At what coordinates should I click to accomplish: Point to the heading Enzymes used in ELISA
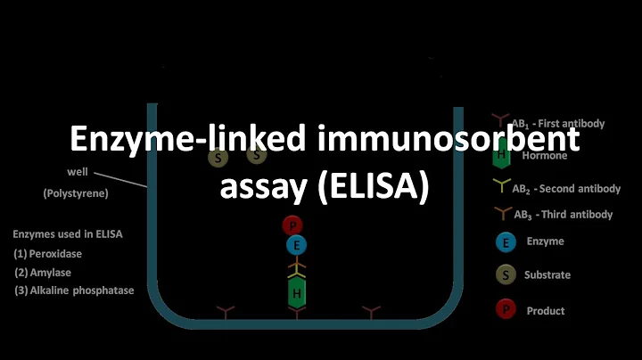tap(67, 234)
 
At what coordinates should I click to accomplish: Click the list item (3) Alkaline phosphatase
tap(74, 290)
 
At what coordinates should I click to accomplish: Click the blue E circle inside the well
tap(296, 244)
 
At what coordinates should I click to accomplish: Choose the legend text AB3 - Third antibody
tap(563, 214)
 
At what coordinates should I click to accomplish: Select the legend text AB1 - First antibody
tap(558, 123)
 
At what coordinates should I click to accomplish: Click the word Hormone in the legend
tap(546, 154)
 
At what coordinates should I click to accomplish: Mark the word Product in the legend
tap(546, 311)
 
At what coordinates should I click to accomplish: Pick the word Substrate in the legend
tap(547, 275)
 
